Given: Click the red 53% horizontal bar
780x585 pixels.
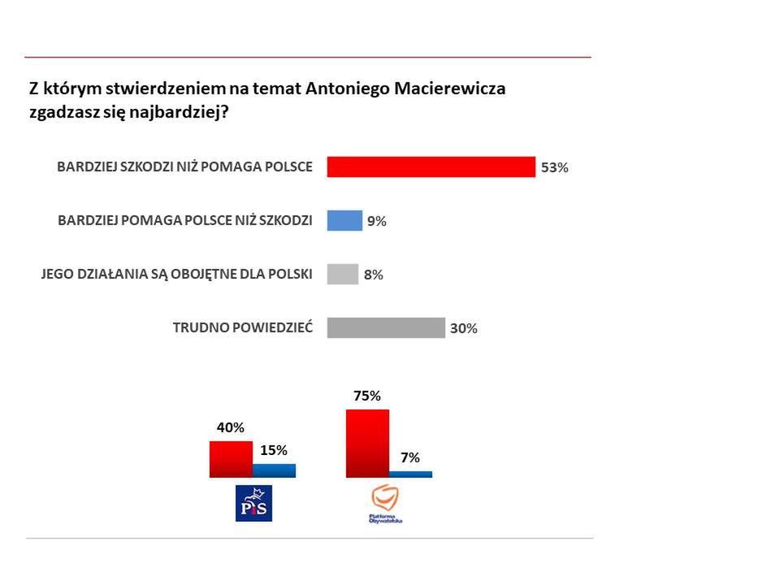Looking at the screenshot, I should [x=431, y=167].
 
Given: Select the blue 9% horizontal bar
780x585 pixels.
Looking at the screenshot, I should [x=344, y=220].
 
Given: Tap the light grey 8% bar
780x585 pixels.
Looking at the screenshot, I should [x=342, y=274].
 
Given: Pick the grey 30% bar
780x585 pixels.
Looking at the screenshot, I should [x=386, y=327].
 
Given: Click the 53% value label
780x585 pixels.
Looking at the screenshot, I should [x=555, y=168].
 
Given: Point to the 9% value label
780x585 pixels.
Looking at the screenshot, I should [x=376, y=221].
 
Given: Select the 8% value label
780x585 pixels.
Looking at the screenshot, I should [x=373, y=275].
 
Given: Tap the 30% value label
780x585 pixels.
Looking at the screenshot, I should [x=464, y=329].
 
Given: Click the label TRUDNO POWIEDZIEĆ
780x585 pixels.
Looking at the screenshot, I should [x=242, y=328].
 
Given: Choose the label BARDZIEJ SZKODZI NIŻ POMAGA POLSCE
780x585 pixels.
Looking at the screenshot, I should [x=184, y=167].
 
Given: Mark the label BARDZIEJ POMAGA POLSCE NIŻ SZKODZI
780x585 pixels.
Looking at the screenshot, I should [x=185, y=220].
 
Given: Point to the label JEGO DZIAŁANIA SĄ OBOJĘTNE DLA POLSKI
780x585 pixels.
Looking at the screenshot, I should [x=177, y=274].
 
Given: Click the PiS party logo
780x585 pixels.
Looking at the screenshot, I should [x=253, y=503].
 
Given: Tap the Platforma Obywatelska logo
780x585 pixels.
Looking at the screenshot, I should [x=385, y=503].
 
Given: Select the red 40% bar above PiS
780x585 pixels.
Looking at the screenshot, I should [x=231, y=459].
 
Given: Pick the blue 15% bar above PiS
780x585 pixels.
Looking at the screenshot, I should [x=274, y=470].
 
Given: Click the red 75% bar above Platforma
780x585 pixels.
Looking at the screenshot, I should [x=367, y=443].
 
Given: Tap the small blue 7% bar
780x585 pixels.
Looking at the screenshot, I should [x=410, y=474].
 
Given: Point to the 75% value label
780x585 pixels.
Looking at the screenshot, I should [x=366, y=396].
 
